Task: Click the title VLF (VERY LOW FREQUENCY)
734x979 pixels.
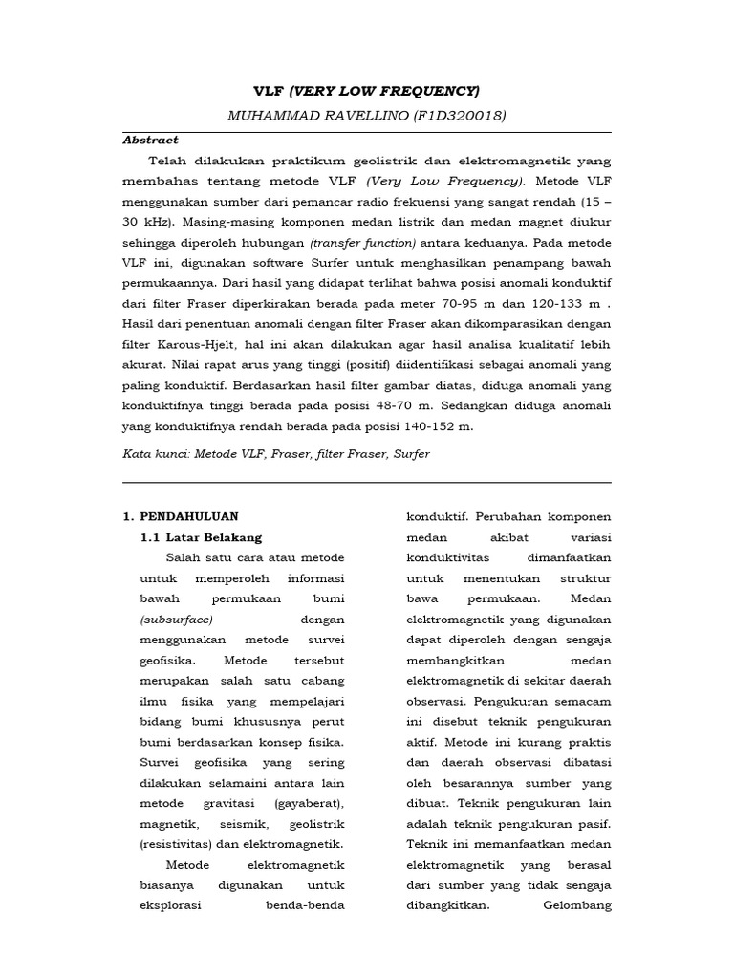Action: tap(366, 91)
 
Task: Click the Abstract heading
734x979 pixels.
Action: tap(150, 140)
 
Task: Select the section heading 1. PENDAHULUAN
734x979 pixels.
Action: tap(181, 516)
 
